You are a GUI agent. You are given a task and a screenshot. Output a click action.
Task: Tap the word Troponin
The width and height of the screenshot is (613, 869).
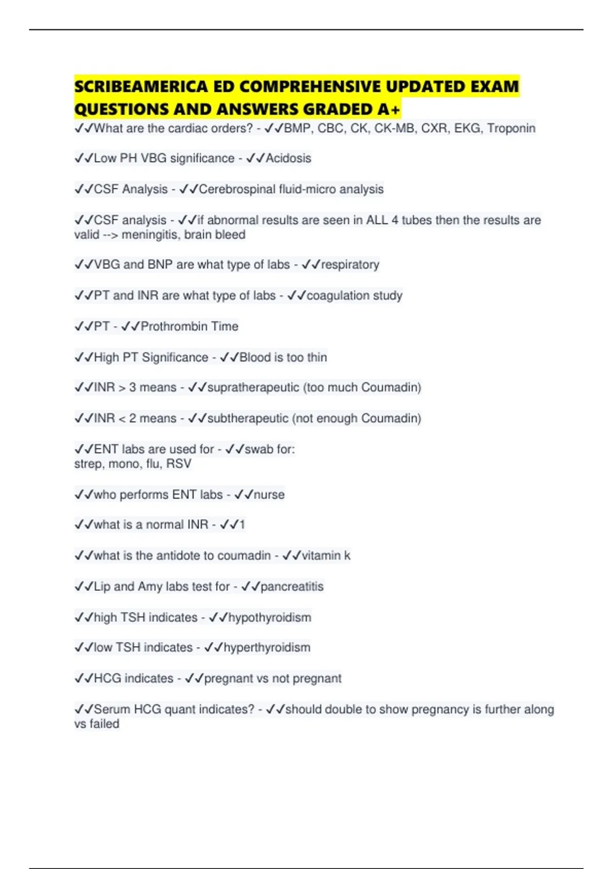pos(511,128)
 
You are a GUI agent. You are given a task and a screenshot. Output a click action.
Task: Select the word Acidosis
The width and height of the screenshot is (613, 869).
pos(288,158)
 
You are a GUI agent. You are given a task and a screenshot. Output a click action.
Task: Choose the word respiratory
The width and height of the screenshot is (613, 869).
pos(350,264)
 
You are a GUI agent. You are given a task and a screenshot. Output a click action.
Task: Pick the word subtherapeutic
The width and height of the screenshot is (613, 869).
pos(248,418)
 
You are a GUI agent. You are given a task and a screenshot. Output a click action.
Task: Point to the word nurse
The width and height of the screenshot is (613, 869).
pos(269,494)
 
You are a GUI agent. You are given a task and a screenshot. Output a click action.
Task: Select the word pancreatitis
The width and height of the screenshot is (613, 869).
pos(292,586)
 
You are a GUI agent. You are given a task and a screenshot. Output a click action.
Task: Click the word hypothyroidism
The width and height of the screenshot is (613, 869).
pos(269,618)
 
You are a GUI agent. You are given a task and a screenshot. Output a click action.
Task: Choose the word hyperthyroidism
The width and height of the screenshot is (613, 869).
pos(267,648)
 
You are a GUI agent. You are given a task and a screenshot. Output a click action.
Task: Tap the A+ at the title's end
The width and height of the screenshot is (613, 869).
pos(391,109)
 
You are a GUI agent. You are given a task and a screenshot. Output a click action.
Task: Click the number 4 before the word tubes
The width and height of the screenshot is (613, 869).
pos(395,220)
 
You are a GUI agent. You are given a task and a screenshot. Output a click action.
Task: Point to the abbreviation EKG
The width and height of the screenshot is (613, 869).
pos(467,128)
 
